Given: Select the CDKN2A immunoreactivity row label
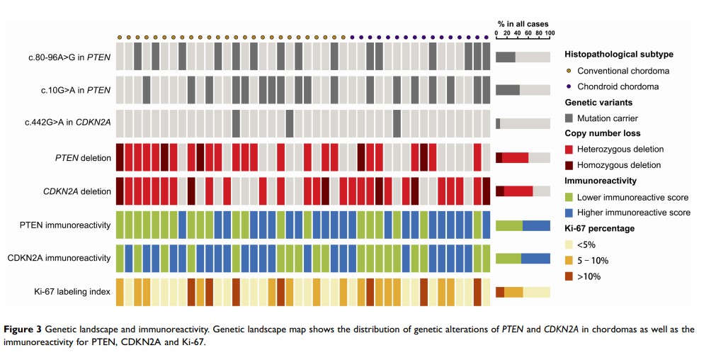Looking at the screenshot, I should pyautogui.click(x=64, y=258).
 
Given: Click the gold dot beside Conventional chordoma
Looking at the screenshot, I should pyautogui.click(x=568, y=70).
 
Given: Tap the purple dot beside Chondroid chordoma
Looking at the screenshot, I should pyautogui.click(x=568, y=86).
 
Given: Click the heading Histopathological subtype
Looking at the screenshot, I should pyautogui.click(x=618, y=54).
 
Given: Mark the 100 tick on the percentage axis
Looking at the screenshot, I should pyautogui.click(x=550, y=33).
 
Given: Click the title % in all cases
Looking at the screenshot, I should pyautogui.click(x=523, y=24).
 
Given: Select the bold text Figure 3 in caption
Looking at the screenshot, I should pyautogui.click(x=25, y=330).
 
